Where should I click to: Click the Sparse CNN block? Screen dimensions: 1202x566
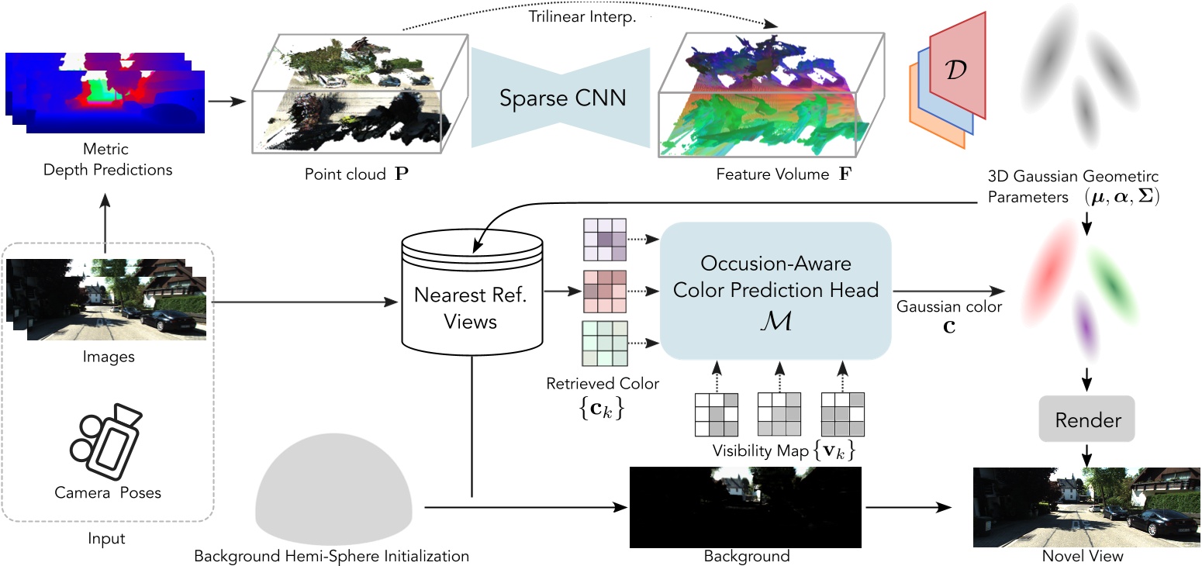pos(561,98)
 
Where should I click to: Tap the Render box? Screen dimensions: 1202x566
pos(1086,419)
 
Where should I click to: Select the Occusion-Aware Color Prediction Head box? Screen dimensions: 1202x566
pos(775,291)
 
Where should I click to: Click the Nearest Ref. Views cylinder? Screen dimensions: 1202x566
pos(471,292)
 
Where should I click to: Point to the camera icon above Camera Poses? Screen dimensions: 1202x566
pos(106,441)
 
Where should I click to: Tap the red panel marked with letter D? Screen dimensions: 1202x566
pos(957,65)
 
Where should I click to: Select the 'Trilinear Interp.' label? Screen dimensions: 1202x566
pos(582,16)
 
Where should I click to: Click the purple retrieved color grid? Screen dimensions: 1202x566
pos(605,240)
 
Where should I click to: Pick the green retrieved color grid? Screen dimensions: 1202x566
pos(605,343)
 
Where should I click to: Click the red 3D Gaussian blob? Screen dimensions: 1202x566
pos(1050,273)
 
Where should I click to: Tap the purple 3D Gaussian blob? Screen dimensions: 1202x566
pos(1085,325)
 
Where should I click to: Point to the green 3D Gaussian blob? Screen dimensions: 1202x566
pos(1112,286)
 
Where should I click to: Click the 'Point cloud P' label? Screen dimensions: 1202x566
pos(356,174)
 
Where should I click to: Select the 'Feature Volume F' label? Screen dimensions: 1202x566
pos(783,174)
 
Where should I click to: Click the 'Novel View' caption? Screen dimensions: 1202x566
pos(1083,556)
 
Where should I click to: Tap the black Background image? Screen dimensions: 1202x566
pos(745,507)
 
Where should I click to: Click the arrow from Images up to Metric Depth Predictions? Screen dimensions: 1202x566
pos(105,223)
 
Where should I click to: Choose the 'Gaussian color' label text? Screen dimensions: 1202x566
pos(948,306)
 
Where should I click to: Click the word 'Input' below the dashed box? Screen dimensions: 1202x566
pos(106,538)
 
